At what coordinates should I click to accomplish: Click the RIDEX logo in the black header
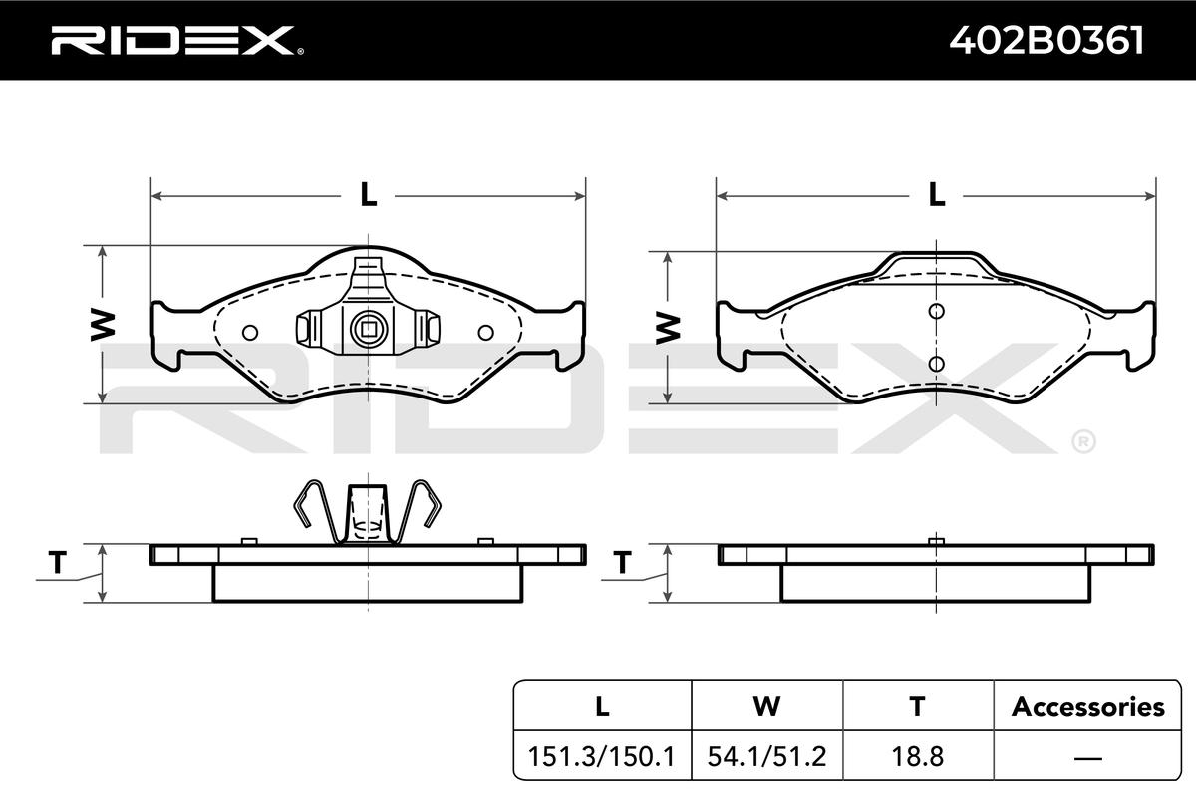177,41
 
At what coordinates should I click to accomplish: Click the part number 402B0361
1046,41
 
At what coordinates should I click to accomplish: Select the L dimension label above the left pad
369,195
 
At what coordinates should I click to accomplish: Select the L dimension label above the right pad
937,195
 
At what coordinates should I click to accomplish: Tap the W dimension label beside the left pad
103,325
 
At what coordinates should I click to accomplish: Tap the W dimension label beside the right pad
668,327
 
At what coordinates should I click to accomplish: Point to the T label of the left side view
58,562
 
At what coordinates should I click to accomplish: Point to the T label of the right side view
622,562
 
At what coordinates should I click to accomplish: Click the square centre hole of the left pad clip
369,329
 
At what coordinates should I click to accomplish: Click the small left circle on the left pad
250,333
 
